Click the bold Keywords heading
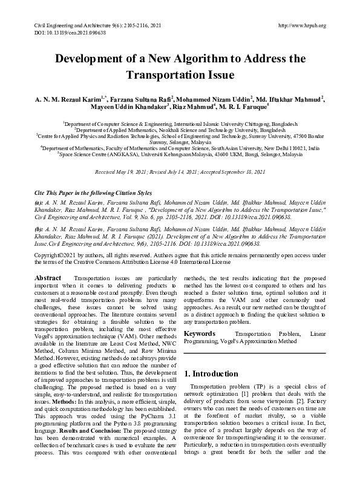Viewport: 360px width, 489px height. pyautogui.click(x=200, y=333)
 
